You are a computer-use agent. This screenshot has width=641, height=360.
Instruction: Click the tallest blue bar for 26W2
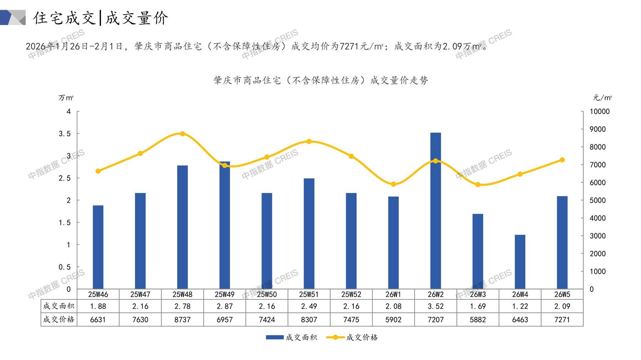(x=435, y=210)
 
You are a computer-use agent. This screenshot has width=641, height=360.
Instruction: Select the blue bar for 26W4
(x=520, y=262)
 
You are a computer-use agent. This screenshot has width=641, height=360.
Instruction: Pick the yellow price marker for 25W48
(x=182, y=134)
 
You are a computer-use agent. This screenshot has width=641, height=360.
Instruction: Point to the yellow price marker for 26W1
(x=393, y=184)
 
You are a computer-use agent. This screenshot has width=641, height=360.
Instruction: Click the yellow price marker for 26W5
(x=562, y=160)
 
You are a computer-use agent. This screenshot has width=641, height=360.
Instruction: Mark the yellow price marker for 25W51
(x=309, y=142)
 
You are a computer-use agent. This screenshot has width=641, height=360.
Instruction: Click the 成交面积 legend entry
(x=292, y=337)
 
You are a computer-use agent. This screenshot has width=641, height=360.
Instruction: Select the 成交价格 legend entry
(x=352, y=337)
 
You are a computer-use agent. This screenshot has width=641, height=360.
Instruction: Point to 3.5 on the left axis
(x=65, y=134)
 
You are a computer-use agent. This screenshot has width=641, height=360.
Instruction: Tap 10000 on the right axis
(x=599, y=112)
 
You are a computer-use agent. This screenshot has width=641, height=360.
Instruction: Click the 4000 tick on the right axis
(x=597, y=218)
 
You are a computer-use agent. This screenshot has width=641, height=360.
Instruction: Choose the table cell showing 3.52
(x=435, y=306)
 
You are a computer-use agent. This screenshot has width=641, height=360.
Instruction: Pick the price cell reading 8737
(x=182, y=320)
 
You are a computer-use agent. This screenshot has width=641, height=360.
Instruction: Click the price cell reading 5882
(x=478, y=320)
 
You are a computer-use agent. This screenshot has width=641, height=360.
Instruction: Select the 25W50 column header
(x=267, y=294)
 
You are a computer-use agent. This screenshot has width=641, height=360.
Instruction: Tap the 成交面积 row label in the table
(x=59, y=306)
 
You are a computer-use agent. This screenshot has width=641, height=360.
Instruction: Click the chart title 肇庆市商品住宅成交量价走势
(x=321, y=81)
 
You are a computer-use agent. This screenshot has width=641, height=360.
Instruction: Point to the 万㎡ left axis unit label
(x=66, y=98)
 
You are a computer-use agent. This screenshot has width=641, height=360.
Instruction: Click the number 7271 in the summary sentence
(x=350, y=46)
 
